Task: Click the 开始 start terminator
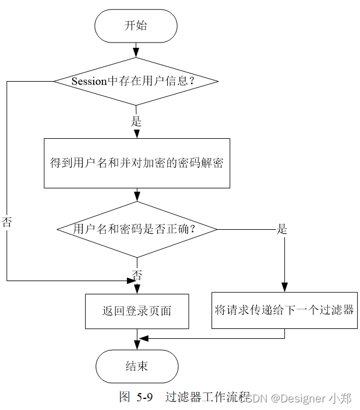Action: point(136,26)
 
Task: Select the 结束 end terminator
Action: point(136,366)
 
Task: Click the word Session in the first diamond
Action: point(89,82)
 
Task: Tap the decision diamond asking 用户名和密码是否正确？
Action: point(136,229)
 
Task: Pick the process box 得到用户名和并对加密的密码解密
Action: point(136,163)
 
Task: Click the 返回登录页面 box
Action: point(136,311)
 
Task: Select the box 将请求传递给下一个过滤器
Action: point(284,310)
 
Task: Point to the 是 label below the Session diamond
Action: point(136,121)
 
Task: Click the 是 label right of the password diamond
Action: point(282,229)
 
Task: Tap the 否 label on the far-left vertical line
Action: point(7,222)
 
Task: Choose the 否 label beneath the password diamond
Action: point(137,274)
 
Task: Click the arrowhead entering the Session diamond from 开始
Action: point(136,53)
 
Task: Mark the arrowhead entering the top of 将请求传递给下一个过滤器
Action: point(284,287)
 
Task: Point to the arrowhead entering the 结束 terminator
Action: point(136,345)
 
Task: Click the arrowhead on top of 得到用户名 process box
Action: point(136,134)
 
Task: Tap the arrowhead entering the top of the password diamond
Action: point(136,197)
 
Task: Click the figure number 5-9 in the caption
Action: point(144,398)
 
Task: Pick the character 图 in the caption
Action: point(124,398)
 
